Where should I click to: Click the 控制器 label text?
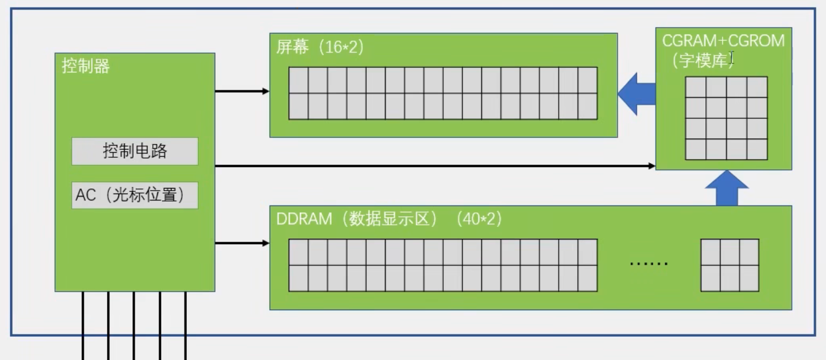(85, 67)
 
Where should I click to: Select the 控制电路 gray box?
(135, 151)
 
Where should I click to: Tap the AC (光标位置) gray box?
(135, 195)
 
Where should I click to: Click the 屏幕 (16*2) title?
(320, 48)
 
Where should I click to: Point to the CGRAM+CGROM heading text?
(724, 41)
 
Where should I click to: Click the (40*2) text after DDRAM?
(479, 219)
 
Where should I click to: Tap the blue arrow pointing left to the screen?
(636, 94)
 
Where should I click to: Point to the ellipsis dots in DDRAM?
(649, 263)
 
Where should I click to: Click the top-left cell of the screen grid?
(298, 80)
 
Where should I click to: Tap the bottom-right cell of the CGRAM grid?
(757, 149)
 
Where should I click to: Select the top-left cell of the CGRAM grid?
(696, 87)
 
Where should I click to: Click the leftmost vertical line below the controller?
(83, 325)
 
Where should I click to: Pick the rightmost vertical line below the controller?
(185, 325)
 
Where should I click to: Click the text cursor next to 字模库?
(731, 57)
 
